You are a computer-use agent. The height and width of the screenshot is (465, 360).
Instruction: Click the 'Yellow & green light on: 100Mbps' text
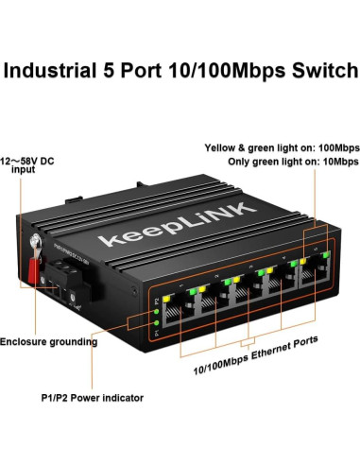coord(282,147)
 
